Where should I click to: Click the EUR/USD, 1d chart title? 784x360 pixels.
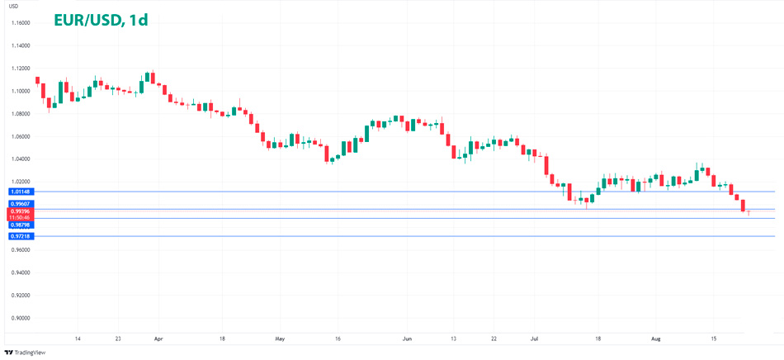[x=101, y=19]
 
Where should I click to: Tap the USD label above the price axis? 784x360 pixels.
[x=14, y=7]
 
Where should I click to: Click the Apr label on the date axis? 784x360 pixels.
[x=158, y=339]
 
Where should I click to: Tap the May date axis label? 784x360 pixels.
[x=280, y=339]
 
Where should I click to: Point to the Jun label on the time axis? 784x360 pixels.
[x=407, y=339]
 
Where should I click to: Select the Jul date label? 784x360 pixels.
[x=534, y=339]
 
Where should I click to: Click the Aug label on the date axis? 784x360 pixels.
[x=656, y=339]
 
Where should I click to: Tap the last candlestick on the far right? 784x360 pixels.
[x=749, y=213]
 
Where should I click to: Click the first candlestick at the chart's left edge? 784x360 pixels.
[x=38, y=80]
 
